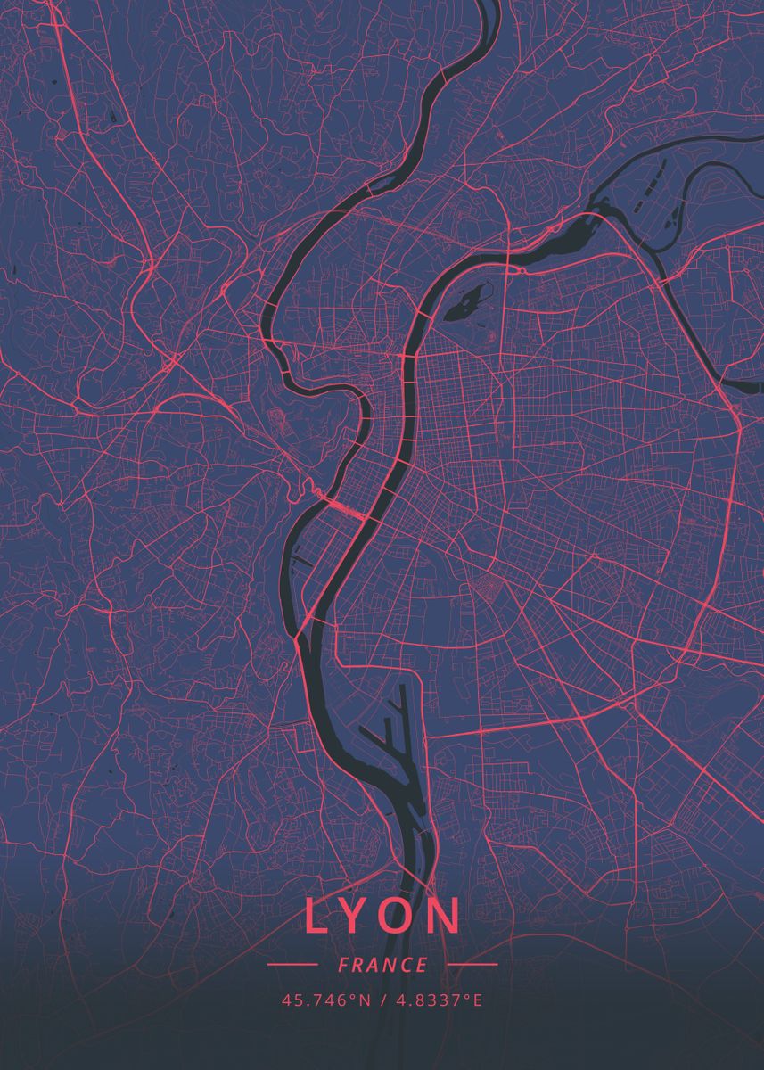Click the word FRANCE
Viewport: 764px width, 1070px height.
(382, 965)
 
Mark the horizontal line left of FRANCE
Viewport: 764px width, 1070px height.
(292, 965)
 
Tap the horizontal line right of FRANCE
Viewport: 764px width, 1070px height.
(472, 965)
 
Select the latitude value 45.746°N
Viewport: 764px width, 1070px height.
(325, 1000)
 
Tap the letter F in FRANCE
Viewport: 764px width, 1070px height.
(343, 965)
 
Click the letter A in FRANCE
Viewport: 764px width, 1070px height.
(374, 965)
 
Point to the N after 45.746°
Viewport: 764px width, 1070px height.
(364, 1000)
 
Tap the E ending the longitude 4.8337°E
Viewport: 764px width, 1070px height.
(478, 1000)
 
